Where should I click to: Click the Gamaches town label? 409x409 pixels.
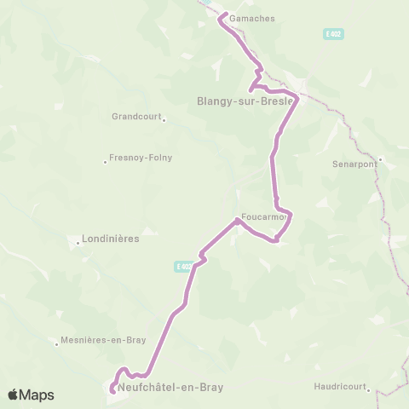point(247,17)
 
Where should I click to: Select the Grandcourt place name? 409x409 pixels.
point(135,117)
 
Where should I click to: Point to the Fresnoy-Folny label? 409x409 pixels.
point(139,158)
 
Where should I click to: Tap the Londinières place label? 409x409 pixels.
point(111,239)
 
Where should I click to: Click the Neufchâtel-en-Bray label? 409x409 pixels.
point(171,387)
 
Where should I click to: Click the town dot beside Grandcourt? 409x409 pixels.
point(164,119)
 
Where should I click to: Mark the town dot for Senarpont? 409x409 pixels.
point(380,158)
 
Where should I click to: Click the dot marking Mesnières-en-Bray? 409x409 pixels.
point(57,343)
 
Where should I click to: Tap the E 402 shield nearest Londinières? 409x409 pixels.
point(183,267)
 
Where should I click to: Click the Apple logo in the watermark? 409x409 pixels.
point(14,395)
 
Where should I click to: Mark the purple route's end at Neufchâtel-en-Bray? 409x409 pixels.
point(112,392)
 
